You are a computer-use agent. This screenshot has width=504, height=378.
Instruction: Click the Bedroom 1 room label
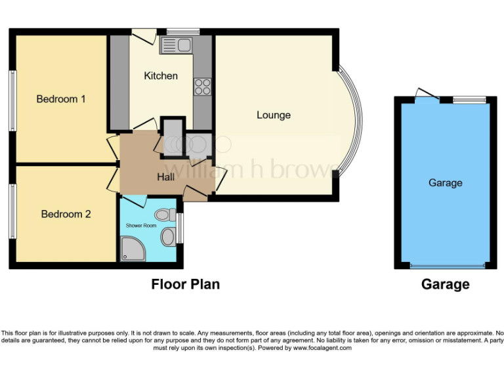click(x=61, y=99)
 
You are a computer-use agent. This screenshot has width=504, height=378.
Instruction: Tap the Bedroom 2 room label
click(x=66, y=214)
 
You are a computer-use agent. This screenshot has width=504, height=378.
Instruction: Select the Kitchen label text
click(x=161, y=75)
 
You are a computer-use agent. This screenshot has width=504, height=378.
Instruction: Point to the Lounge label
click(x=274, y=115)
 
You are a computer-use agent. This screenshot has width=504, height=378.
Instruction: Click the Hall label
click(x=166, y=177)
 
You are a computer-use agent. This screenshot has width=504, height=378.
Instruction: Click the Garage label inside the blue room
click(x=445, y=182)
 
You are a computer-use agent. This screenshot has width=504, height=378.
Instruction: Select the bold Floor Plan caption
click(x=186, y=284)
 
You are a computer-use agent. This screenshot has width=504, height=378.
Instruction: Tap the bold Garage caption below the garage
click(x=445, y=284)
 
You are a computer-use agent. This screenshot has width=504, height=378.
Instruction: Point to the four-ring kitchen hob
click(x=202, y=87)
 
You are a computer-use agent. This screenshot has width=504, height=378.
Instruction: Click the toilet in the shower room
click(x=165, y=215)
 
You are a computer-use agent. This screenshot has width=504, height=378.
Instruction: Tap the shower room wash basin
click(x=168, y=237)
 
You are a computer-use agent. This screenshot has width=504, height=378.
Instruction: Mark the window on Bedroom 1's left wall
click(x=11, y=100)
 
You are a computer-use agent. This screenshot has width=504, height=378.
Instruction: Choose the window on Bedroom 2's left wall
click(x=11, y=210)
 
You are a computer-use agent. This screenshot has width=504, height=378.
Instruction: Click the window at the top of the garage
click(x=470, y=99)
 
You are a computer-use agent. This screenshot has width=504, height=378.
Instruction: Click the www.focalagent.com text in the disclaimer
click(x=321, y=348)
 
